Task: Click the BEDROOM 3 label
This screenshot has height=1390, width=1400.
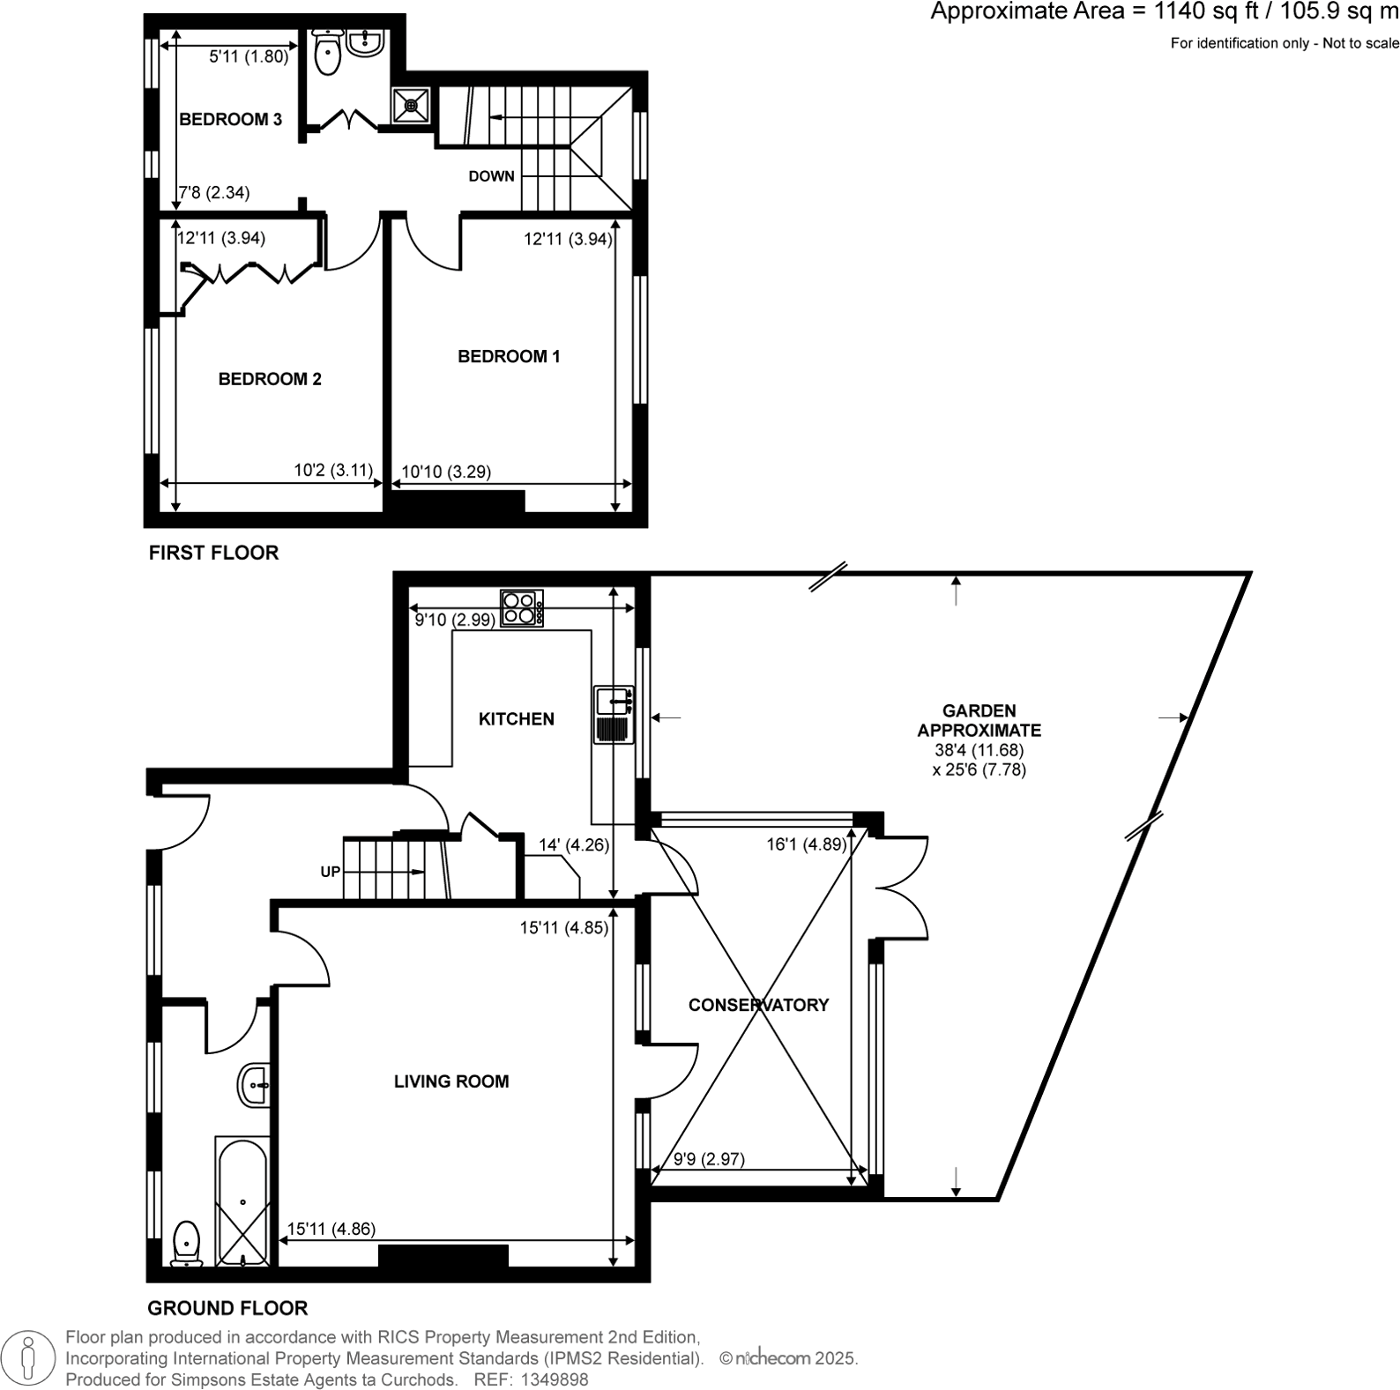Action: pyautogui.click(x=230, y=120)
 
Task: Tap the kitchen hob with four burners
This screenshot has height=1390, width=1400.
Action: pyautogui.click(x=521, y=608)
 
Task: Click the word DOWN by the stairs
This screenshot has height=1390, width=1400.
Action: pyautogui.click(x=491, y=176)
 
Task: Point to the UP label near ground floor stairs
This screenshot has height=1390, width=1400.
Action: pyautogui.click(x=331, y=872)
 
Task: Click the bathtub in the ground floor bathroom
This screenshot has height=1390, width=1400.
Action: pyautogui.click(x=242, y=1201)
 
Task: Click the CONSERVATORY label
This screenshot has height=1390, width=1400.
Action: pyautogui.click(x=758, y=1005)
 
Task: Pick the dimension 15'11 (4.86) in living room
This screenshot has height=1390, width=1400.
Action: pyautogui.click(x=331, y=1229)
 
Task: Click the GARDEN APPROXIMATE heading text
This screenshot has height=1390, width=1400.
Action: pyautogui.click(x=979, y=720)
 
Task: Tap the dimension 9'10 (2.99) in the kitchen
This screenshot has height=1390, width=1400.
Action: pyautogui.click(x=455, y=620)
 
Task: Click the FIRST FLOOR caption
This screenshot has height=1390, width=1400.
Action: pyautogui.click(x=213, y=553)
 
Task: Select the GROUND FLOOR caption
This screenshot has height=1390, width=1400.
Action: pyautogui.click(x=227, y=1308)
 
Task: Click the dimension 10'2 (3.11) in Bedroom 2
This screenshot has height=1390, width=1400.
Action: pyautogui.click(x=333, y=471)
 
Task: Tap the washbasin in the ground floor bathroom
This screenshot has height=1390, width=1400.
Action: pyautogui.click(x=254, y=1084)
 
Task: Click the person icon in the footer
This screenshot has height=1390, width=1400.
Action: pyautogui.click(x=28, y=1358)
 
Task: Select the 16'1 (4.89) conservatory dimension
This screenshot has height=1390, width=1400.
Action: pyautogui.click(x=806, y=844)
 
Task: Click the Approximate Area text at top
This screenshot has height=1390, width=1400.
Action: pyautogui.click(x=1164, y=12)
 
